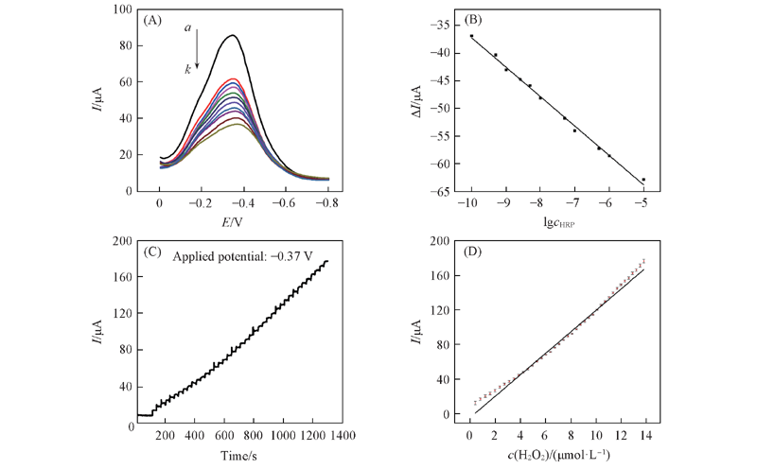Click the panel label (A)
154,19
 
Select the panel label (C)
155,252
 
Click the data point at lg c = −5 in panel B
643,180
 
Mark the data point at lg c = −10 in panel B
471,36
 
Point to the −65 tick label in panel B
443,192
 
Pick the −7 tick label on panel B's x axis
574,202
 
